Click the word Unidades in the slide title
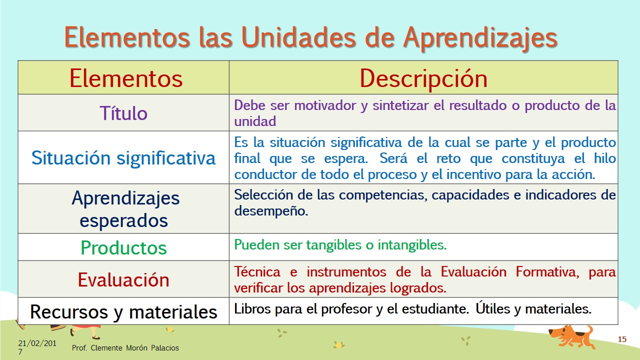click(x=298, y=37)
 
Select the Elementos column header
click(x=126, y=78)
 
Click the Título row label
click(x=123, y=113)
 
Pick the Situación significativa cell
click(x=123, y=157)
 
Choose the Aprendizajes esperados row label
click(x=125, y=209)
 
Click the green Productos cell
click(x=123, y=247)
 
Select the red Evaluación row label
click(x=123, y=279)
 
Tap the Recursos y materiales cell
click(x=123, y=311)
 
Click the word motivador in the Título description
click(x=325, y=105)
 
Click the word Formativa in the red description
click(x=547, y=271)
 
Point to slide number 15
click(x=622, y=339)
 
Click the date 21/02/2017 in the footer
click(x=37, y=347)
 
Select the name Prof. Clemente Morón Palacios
click(x=125, y=347)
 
